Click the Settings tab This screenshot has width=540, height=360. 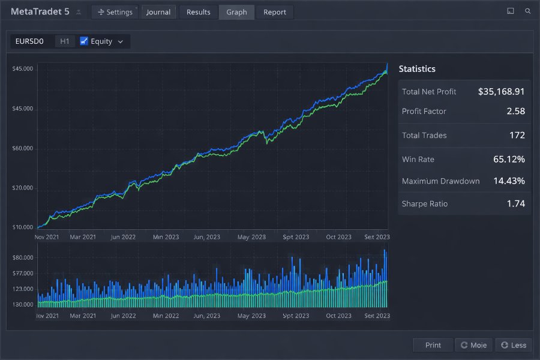point(115,12)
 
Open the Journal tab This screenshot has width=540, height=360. point(159,12)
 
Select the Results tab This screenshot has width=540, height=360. point(199,12)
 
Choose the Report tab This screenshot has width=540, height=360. point(275,12)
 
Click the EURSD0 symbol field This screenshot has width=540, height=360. point(30,41)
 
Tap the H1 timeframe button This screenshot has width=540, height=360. point(65,41)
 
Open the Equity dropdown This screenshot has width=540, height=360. point(102,41)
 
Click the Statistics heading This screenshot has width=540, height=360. point(417,69)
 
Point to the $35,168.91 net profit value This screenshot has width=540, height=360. point(502,92)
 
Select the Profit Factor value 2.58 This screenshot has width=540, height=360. point(515,111)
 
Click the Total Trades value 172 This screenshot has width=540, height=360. point(517,136)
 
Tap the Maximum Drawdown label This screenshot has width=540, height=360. point(440,181)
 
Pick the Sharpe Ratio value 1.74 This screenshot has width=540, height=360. point(515,204)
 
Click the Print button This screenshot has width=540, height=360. point(433,345)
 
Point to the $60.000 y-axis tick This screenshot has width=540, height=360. point(22,149)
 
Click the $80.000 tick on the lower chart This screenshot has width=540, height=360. point(22,258)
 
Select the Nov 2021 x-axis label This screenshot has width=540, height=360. point(47,237)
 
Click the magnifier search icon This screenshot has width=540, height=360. point(527,11)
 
